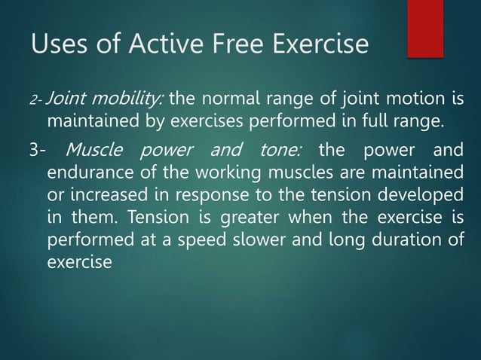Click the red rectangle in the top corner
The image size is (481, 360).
(436, 28)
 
